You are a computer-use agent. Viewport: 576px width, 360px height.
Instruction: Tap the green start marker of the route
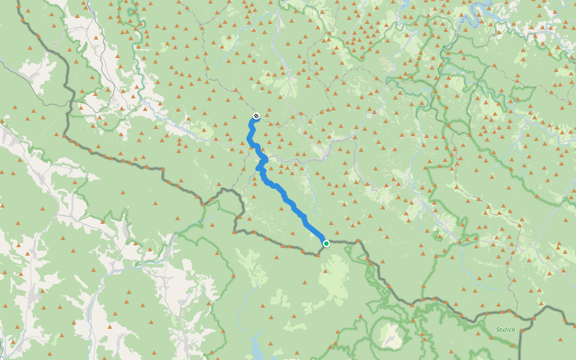[x=326, y=244]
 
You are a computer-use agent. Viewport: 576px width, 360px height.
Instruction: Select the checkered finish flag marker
[x=256, y=116]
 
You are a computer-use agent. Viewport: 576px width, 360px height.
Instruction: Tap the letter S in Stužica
[x=498, y=329]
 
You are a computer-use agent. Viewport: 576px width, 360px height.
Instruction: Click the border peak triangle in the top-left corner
[x=23, y=20]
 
